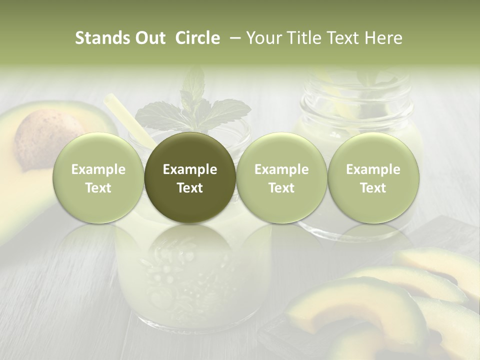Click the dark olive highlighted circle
(190, 178)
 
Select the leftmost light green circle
(98, 178)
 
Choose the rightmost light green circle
(373, 178)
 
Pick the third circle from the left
(281, 178)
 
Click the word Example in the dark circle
(190, 169)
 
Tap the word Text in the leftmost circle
(98, 188)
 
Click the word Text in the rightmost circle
(373, 188)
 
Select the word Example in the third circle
(281, 169)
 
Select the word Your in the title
(263, 38)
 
